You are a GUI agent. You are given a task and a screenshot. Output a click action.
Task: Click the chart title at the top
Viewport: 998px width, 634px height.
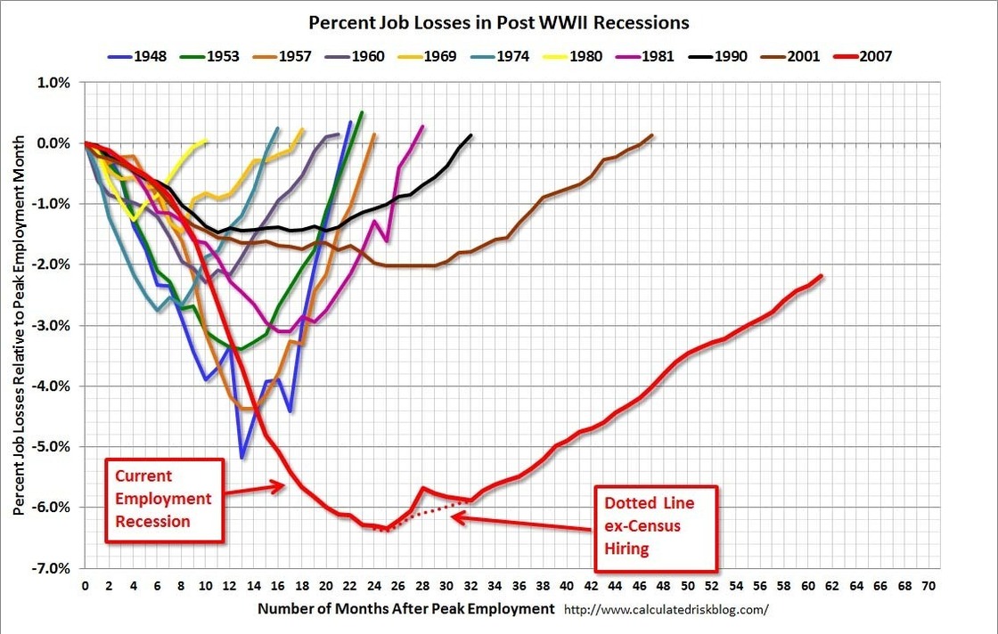coord(498,21)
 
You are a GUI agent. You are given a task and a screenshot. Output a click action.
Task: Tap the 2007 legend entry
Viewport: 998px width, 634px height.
coord(873,56)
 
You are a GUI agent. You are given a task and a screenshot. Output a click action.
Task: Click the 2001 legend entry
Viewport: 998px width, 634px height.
coord(801,56)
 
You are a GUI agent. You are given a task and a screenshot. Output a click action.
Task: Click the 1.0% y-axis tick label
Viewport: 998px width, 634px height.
coord(53,82)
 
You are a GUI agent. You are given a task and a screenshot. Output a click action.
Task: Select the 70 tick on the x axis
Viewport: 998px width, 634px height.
coord(929,588)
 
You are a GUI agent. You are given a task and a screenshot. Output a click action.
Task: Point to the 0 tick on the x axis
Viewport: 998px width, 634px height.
coord(86,588)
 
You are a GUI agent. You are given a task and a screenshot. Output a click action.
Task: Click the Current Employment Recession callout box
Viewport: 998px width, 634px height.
coord(166,499)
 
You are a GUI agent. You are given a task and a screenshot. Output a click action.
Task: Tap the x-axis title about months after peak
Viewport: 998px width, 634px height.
coord(405,609)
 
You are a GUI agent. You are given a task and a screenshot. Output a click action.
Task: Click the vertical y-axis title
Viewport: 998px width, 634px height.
coord(19,325)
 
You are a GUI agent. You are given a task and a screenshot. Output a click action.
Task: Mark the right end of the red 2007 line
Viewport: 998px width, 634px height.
coord(821,276)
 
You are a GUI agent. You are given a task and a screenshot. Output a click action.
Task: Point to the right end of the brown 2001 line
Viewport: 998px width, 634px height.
coord(652,135)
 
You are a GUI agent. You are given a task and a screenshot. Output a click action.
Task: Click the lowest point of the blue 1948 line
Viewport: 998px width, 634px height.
coord(242,458)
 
